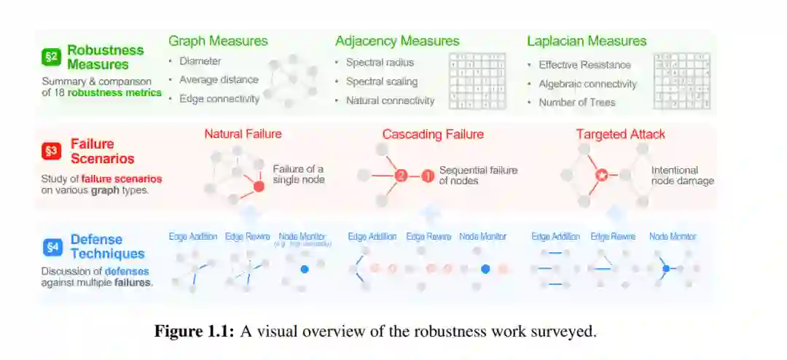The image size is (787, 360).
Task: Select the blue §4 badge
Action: click(52, 247)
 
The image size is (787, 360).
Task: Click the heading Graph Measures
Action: click(218, 41)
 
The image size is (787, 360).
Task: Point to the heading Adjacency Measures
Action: click(397, 41)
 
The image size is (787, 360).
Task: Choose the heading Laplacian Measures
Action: click(587, 41)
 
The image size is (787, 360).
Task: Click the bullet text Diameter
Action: click(200, 61)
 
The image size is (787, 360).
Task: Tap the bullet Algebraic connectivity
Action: click(587, 84)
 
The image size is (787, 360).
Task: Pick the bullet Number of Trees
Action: click(576, 103)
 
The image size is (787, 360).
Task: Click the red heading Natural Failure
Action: click(243, 134)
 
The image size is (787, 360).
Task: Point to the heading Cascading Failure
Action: click(433, 134)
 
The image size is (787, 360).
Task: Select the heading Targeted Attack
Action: click(620, 134)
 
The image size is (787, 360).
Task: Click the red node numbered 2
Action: click(400, 176)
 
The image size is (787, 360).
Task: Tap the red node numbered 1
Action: click(428, 176)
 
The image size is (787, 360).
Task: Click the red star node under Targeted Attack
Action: click(602, 176)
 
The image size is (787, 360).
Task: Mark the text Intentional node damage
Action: click(682, 176)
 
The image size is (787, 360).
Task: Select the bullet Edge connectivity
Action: click(219, 99)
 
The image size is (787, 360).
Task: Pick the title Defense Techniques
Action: click(107, 246)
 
